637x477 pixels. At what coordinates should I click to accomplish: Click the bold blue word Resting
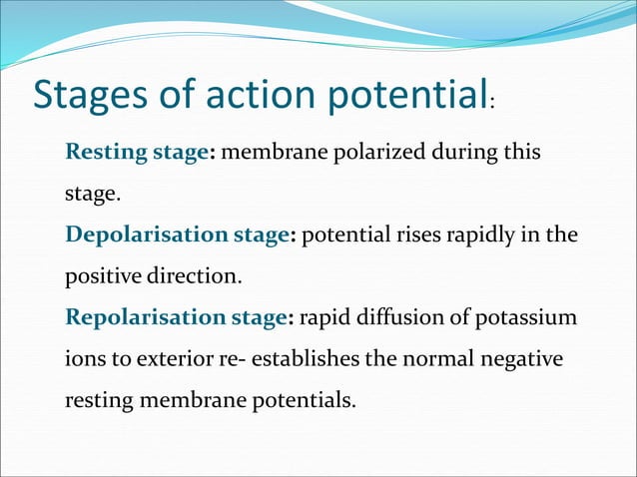(101, 154)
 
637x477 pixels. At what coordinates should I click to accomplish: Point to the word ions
(84, 358)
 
